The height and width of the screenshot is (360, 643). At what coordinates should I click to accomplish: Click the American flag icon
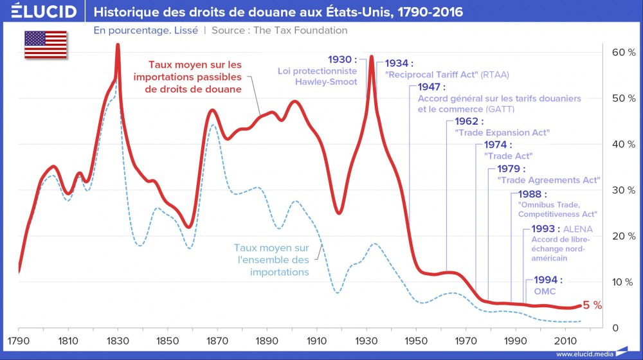[x=46, y=43]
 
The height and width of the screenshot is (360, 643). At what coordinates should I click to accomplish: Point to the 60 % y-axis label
[x=622, y=52]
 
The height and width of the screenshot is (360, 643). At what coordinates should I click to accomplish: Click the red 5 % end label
[x=592, y=305]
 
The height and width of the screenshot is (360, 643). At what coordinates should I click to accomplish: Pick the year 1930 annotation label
[x=341, y=59]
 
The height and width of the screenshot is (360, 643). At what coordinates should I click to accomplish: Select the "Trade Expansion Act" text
[x=502, y=132]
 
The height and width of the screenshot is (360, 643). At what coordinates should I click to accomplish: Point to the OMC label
[x=545, y=291]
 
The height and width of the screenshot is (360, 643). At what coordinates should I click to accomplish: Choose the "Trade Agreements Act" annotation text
[x=549, y=180]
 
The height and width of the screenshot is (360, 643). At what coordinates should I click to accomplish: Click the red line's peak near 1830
[x=118, y=45]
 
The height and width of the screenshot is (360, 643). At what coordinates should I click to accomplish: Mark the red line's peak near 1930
[x=371, y=57]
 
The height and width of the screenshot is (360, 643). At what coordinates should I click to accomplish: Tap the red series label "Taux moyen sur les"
[x=195, y=65]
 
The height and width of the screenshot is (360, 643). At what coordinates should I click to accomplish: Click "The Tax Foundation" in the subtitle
[x=307, y=30]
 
